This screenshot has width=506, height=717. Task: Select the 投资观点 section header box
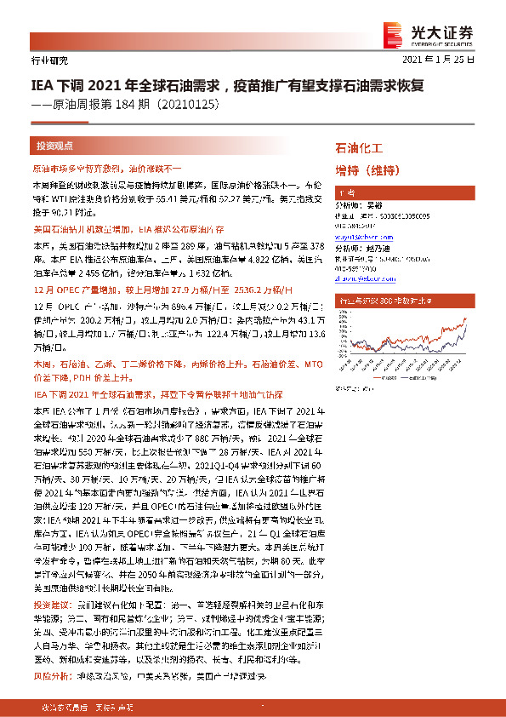(54, 146)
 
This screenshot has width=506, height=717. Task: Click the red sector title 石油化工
(361, 148)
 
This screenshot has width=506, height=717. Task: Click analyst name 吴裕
(375, 205)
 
